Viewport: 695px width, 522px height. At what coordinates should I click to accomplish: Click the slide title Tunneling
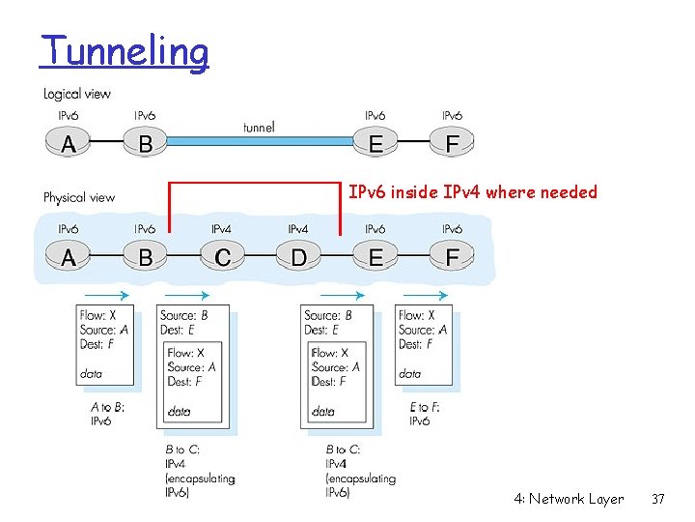[125, 51]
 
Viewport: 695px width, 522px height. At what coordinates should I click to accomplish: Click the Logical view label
[77, 94]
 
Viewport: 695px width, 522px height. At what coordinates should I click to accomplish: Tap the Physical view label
[79, 197]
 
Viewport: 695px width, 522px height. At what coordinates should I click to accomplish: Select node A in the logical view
[69, 145]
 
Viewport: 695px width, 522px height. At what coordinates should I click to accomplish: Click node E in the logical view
[375, 145]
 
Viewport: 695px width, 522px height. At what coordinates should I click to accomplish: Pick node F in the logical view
[452, 145]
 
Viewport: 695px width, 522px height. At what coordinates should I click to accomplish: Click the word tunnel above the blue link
[258, 127]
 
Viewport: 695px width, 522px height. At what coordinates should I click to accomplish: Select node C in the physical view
[222, 258]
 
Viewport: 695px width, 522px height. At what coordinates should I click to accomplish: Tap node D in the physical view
[298, 258]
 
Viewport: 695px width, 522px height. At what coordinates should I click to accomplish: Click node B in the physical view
[145, 258]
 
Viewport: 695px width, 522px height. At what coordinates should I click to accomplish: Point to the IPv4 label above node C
[221, 229]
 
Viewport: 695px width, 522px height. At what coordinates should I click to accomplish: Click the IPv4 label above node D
[298, 229]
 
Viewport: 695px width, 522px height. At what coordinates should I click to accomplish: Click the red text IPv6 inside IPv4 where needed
[473, 192]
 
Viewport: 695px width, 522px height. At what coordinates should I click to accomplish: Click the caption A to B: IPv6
[107, 414]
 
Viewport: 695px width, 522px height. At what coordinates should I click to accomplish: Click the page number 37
[658, 499]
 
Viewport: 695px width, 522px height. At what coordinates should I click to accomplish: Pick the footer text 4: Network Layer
[569, 499]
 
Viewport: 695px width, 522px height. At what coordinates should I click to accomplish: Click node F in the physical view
[452, 258]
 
